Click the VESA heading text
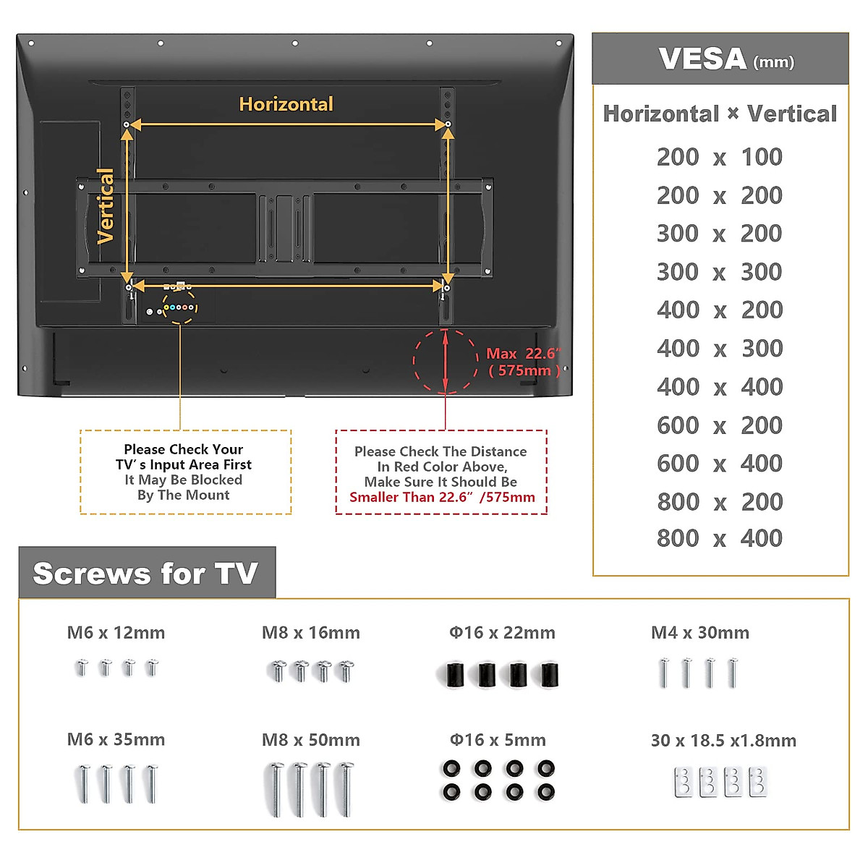point(726,59)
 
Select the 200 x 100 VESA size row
point(719,157)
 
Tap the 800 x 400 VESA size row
point(719,538)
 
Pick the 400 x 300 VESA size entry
point(720,349)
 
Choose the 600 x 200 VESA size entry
point(719,425)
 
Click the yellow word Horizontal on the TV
point(286,104)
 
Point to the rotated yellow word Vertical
point(106,206)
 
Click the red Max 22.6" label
point(524,354)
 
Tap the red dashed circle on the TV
point(446,362)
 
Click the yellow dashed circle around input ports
point(179,307)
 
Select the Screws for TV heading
point(145,574)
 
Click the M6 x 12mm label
point(116,633)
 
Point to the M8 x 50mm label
point(311,740)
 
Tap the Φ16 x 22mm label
point(502,633)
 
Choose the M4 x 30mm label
point(700,633)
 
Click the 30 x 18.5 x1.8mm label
point(724,741)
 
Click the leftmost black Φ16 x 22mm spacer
point(454,675)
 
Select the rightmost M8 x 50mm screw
point(346,788)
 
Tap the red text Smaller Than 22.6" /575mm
point(443,497)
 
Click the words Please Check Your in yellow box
point(183,449)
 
